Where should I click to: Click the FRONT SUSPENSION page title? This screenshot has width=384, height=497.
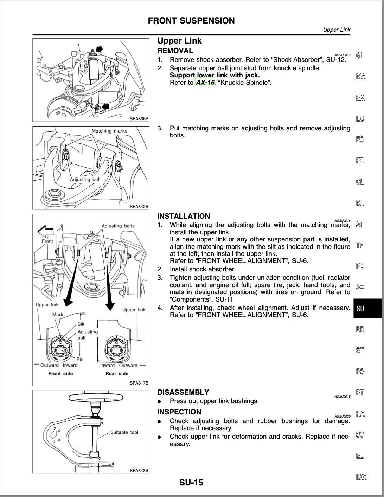click(x=191, y=21)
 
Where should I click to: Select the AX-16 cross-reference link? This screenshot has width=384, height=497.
click(x=205, y=83)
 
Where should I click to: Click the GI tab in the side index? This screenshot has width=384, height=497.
click(x=359, y=56)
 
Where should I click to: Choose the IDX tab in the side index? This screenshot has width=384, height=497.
click(x=361, y=477)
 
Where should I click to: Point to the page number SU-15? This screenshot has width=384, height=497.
click(x=191, y=483)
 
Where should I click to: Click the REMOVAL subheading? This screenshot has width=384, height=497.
click(x=175, y=51)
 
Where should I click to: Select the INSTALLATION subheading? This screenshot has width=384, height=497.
click(x=184, y=216)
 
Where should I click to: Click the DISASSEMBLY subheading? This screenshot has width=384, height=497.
click(x=183, y=392)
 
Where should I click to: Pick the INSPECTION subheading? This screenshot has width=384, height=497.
click(x=179, y=412)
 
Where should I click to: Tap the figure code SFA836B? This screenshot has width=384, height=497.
click(x=139, y=119)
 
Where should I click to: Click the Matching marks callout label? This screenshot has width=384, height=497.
click(x=109, y=131)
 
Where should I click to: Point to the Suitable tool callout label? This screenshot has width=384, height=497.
click(x=124, y=432)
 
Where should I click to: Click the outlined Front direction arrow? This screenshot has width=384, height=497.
click(x=46, y=232)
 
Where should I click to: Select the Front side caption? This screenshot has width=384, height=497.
click(x=60, y=373)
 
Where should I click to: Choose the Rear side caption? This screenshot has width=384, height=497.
click(x=117, y=373)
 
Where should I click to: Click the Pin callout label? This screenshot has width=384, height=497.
click(x=80, y=359)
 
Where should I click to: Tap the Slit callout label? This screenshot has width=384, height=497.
click(x=81, y=324)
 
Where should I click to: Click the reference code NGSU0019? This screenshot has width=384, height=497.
click(x=342, y=396)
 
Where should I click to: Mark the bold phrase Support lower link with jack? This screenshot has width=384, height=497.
click(x=215, y=75)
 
